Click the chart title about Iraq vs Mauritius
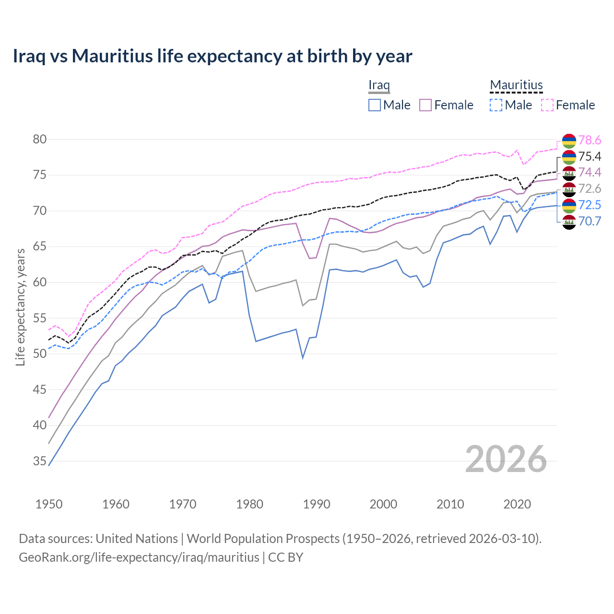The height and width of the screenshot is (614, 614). [x=213, y=56]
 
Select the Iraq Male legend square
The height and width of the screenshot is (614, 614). [x=375, y=105]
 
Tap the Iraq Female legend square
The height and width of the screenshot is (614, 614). [x=425, y=105]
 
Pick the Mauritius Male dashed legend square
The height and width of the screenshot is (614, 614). [x=496, y=105]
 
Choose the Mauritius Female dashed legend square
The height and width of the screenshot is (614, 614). [x=547, y=105]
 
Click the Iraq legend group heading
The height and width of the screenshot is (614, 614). [x=379, y=85]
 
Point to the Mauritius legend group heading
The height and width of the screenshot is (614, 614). [x=516, y=85]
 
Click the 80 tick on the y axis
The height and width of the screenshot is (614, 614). [x=40, y=140]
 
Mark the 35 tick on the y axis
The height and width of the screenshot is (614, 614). [x=40, y=461]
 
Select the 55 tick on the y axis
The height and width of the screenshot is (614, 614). [x=40, y=319]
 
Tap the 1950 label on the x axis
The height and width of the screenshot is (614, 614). [x=49, y=504]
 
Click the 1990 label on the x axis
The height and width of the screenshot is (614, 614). [x=317, y=504]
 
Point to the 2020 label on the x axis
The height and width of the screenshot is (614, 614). [x=517, y=504]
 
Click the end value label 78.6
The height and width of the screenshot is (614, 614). [x=590, y=141]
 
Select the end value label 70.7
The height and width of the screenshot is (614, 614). [x=590, y=221]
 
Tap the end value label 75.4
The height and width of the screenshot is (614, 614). [x=590, y=157]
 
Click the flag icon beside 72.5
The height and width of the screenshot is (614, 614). [x=569, y=205]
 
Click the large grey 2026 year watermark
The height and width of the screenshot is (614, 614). [x=506, y=459]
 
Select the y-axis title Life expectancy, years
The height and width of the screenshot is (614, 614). [x=21, y=307]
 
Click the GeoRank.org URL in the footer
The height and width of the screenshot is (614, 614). [x=139, y=557]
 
